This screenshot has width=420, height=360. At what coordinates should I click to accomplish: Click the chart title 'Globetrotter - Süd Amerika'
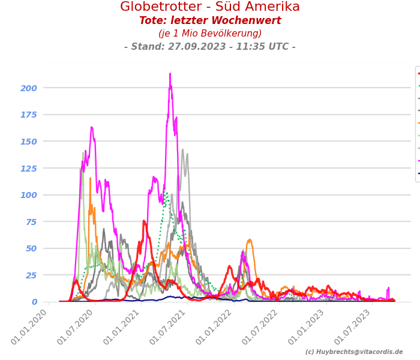(210, 7)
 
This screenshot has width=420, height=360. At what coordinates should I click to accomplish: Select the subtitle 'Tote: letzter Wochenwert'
(210, 21)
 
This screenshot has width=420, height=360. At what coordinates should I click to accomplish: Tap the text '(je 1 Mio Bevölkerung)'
(210, 34)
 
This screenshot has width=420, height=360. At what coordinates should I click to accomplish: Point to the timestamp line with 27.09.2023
(210, 47)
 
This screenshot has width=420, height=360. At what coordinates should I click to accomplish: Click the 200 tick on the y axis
(29, 88)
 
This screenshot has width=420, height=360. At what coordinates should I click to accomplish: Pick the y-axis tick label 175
(29, 115)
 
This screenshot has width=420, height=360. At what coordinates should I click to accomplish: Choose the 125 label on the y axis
(29, 169)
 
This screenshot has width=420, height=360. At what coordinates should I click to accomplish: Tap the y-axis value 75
(31, 222)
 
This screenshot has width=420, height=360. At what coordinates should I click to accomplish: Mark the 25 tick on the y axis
(31, 275)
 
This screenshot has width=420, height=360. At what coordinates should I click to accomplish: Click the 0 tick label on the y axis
(34, 302)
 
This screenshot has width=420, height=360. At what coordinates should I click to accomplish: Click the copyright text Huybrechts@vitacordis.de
(354, 352)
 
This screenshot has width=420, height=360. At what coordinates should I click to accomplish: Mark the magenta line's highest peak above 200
(170, 74)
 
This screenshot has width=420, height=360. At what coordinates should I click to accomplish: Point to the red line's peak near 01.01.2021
(144, 221)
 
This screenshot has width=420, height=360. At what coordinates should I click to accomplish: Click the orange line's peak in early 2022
(249, 240)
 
